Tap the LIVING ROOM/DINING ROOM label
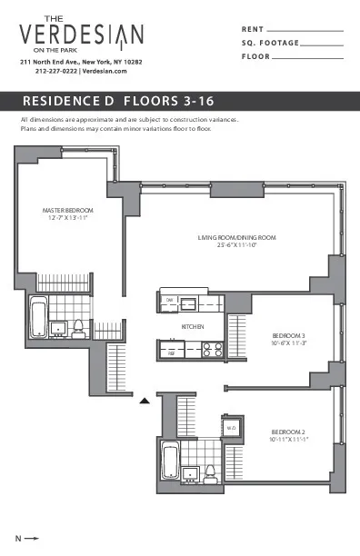[x=236, y=238]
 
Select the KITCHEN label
[x=192, y=326]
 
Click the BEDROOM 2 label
[x=289, y=431]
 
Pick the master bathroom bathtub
[x=38, y=318]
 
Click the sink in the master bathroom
[x=58, y=326]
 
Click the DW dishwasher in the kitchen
[x=170, y=301]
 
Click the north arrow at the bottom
[x=30, y=538]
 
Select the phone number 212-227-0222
[x=56, y=71]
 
